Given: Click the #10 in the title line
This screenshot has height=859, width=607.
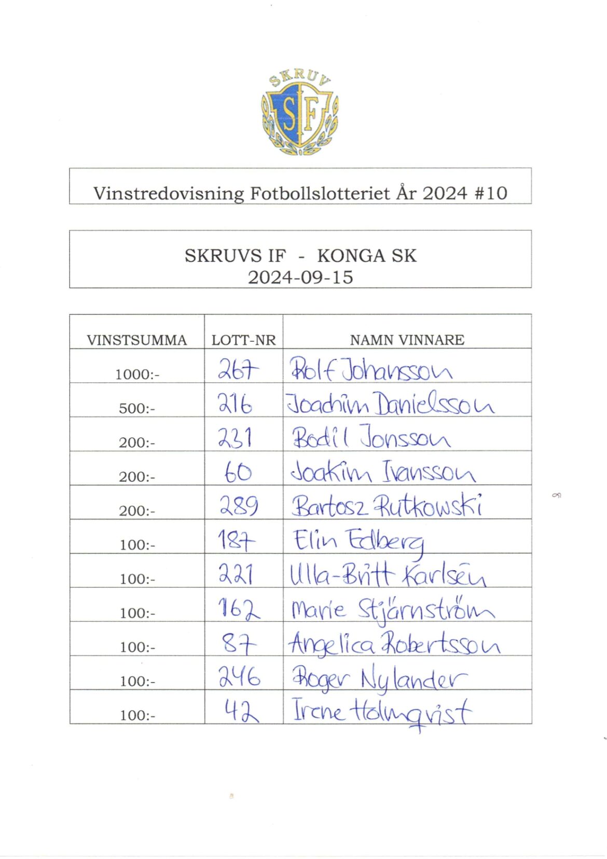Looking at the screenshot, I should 490,193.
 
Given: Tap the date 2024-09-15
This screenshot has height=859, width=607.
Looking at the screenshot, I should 300,277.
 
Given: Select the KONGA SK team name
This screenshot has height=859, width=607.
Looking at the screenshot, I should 367,256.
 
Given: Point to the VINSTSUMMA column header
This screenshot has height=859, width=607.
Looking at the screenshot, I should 136,340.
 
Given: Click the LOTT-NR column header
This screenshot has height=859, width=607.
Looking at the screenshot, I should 243,340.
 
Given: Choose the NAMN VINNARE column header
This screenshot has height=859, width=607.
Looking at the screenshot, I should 407,340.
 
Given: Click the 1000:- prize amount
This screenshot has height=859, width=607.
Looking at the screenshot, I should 137,374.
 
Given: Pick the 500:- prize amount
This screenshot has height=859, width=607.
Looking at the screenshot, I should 137,409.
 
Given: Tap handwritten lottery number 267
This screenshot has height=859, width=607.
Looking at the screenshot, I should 238,370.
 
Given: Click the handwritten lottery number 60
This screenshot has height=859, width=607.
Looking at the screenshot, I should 238,472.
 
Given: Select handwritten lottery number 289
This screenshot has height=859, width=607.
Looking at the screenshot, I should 239,505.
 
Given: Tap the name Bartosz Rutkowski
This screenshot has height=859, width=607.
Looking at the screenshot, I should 387,505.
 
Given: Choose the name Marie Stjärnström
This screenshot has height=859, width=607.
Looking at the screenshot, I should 392,609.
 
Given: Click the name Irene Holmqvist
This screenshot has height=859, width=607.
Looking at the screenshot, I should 382,711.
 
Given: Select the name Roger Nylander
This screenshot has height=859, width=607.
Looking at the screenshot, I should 379,678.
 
